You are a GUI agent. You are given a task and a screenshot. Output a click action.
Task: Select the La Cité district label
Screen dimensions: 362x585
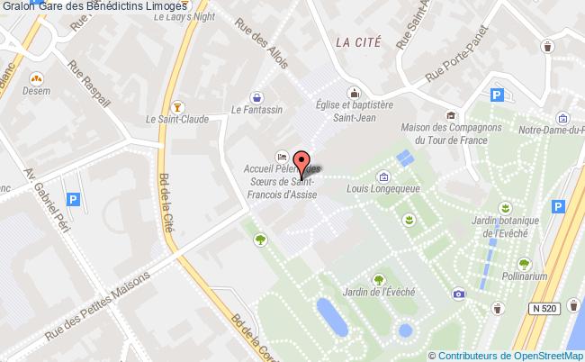tap(358, 41)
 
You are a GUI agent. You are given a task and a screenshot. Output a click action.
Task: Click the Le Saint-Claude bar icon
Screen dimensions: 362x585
tap(177, 103)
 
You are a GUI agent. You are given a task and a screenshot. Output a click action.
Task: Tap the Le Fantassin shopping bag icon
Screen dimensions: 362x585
tap(257, 95)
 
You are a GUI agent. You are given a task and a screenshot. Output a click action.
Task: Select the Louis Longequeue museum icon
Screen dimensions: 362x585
tap(384, 176)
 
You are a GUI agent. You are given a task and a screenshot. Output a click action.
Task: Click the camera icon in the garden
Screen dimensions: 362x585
tap(460, 294)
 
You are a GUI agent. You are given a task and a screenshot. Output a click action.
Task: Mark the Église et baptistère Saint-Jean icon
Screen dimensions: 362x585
tap(355, 92)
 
